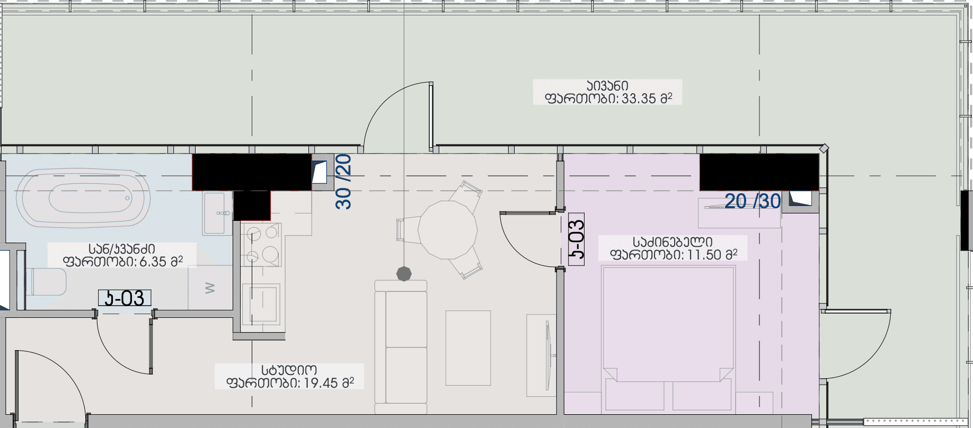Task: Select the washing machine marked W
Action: click(210, 288)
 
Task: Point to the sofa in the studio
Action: click(401, 347)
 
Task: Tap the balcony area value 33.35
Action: click(639, 99)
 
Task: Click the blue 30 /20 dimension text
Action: click(343, 181)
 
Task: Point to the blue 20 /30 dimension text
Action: click(752, 201)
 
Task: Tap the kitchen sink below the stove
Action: click(260, 304)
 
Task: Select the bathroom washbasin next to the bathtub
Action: click(216, 213)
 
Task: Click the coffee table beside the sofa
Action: click(468, 347)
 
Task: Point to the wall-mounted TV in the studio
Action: click(548, 355)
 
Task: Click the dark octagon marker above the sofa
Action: click(404, 274)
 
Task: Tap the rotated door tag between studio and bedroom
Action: click(576, 239)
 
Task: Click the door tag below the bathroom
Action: click(125, 298)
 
